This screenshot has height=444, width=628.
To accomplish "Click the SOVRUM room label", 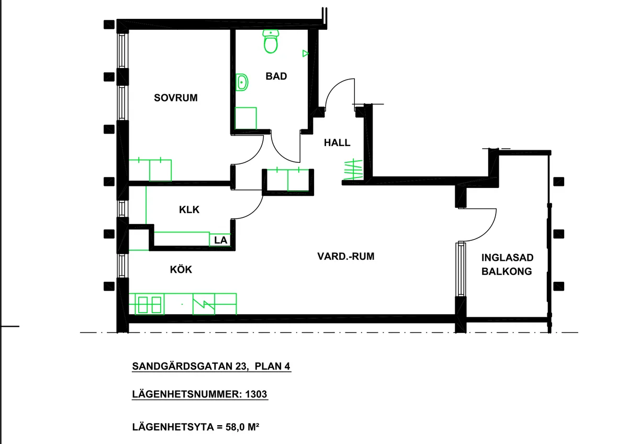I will point(176,97).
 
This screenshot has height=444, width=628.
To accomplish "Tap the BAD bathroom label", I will point(276,76).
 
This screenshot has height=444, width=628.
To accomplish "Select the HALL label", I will point(337,142).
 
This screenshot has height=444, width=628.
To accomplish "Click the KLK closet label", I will point(189,209).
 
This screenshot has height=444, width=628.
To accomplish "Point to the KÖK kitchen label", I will point(181,270).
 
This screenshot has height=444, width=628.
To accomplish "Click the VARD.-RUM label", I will point(346,257).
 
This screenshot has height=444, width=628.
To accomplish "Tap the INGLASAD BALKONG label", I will point(507,264).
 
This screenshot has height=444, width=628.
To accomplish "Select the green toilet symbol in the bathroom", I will point(271,42).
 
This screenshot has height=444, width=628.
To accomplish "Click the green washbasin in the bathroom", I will point(242,82).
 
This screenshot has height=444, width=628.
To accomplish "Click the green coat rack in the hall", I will point(352,170).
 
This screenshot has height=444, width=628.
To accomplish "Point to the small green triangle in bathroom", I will point(305,53).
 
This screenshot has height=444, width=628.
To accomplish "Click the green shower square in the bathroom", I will point(246,118).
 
